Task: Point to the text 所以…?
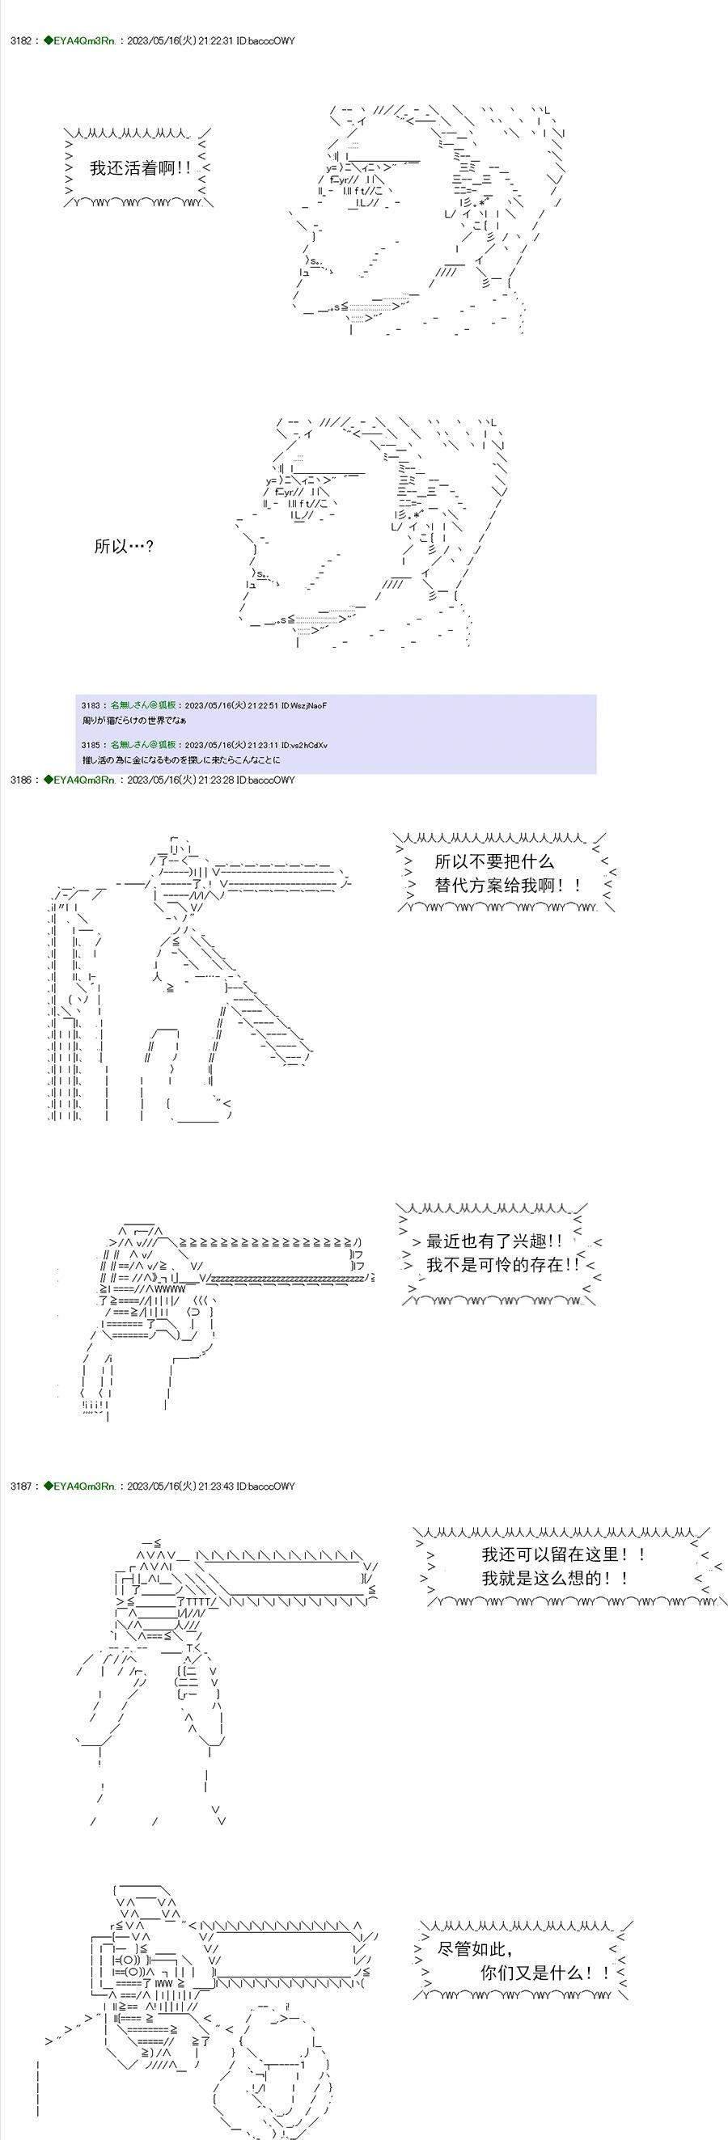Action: [124, 546]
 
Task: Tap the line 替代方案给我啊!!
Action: [508, 886]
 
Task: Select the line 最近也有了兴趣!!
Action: [494, 1241]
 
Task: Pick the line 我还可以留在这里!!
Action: [564, 1554]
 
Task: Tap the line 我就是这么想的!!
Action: [554, 1578]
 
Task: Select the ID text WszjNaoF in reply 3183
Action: [309, 705]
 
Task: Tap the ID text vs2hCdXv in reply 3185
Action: [308, 745]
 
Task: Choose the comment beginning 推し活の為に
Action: [181, 760]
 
